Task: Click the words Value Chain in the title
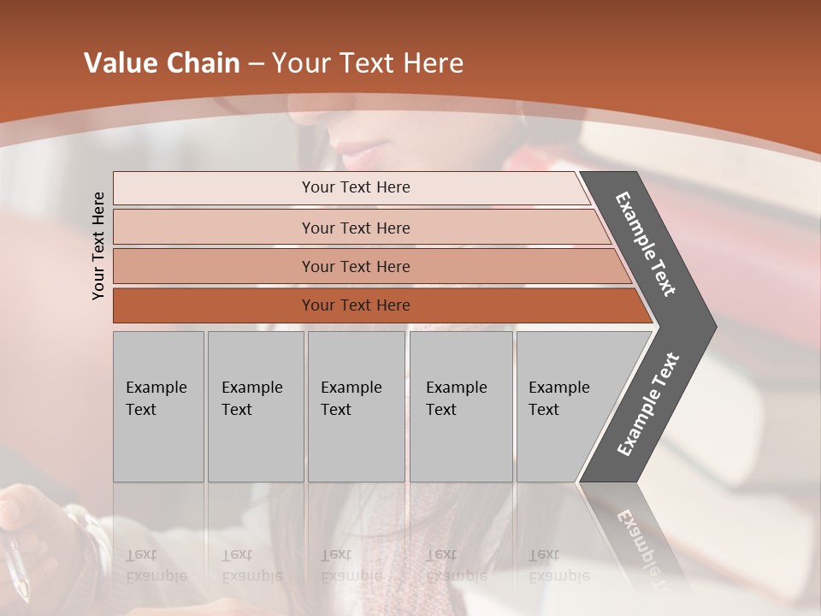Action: pyautogui.click(x=162, y=63)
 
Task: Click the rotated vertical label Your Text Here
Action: pyautogui.click(x=98, y=246)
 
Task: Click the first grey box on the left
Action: pyautogui.click(x=158, y=406)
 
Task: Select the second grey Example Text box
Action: pyautogui.click(x=256, y=406)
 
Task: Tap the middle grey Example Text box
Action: pyautogui.click(x=356, y=406)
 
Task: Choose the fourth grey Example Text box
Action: pyautogui.click(x=461, y=406)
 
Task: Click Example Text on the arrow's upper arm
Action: pyautogui.click(x=647, y=244)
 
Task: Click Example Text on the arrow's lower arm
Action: pyautogui.click(x=648, y=404)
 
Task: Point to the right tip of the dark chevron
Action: pyautogui.click(x=714, y=326)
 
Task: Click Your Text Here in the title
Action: pyautogui.click(x=368, y=63)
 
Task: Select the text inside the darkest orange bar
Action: pyautogui.click(x=356, y=305)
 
